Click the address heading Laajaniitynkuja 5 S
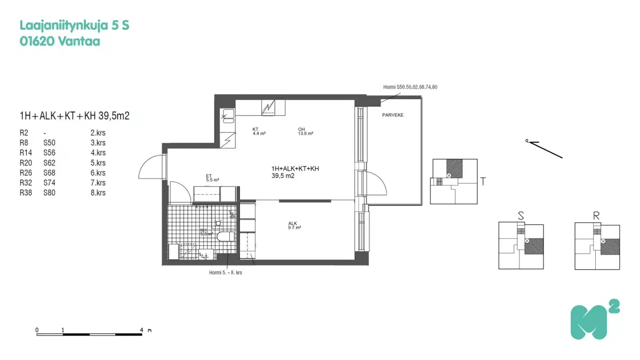[x=74, y=25]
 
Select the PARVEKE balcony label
[x=393, y=115]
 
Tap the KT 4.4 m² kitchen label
[x=259, y=131]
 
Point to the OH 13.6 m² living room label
[x=305, y=131]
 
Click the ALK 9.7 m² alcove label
[x=294, y=226]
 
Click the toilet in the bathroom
[x=224, y=236]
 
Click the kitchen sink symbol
[x=228, y=115]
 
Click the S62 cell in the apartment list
[x=50, y=163]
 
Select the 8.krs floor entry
[x=98, y=193]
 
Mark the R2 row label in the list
[x=23, y=132]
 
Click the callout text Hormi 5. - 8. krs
[x=226, y=273]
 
